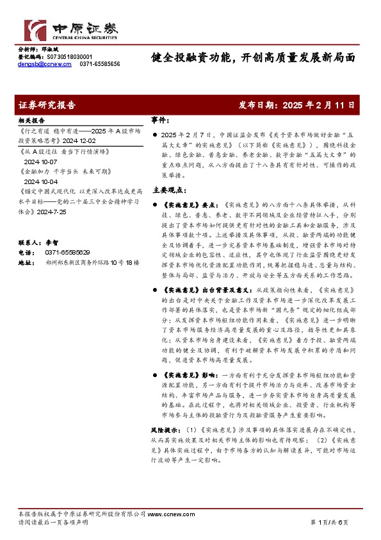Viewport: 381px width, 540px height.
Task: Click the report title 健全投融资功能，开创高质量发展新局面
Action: point(252,57)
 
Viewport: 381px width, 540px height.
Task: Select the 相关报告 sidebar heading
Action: point(31,121)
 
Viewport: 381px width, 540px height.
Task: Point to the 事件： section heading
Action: point(160,121)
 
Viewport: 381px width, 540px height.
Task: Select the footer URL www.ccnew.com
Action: point(166,514)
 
